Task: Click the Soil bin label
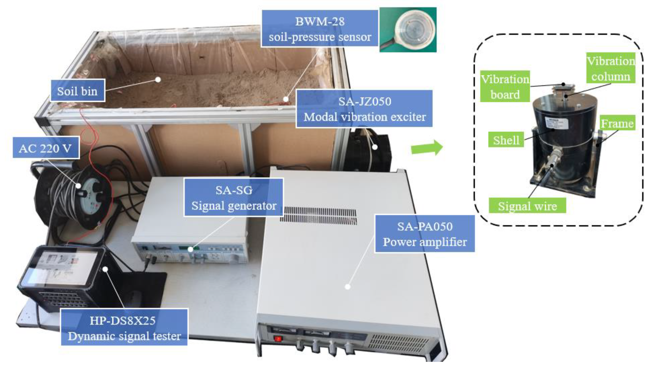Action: pyautogui.click(x=77, y=91)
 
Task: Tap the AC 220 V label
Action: pyautogui.click(x=46, y=148)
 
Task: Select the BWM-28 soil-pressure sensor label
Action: pyautogui.click(x=320, y=29)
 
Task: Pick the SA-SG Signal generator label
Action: pyautogui.click(x=234, y=198)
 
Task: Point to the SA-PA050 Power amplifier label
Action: pyautogui.click(x=425, y=234)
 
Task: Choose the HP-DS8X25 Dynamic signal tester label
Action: pyautogui.click(x=124, y=328)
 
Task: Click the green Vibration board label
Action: pyautogui.click(x=505, y=87)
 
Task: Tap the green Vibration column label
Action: pyautogui.click(x=611, y=68)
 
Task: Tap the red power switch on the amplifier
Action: pyautogui.click(x=278, y=339)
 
